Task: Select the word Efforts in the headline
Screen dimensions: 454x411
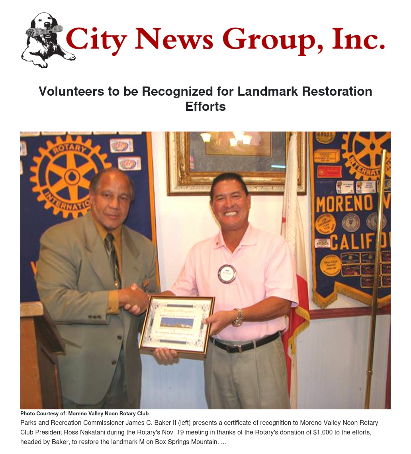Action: pyautogui.click(x=205, y=106)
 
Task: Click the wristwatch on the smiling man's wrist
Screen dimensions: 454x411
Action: pyautogui.click(x=238, y=317)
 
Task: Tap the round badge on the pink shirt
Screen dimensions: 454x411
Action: pyautogui.click(x=227, y=274)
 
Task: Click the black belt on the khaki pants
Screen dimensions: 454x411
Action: pyautogui.click(x=245, y=344)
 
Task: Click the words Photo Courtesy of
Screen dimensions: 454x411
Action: pyautogui.click(x=43, y=414)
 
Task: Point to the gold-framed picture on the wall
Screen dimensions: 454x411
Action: pyautogui.click(x=237, y=161)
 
